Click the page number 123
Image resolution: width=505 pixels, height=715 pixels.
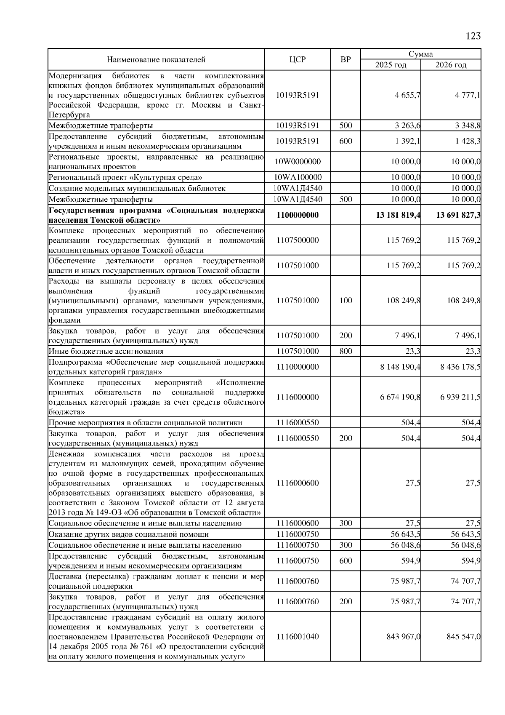click(473, 36)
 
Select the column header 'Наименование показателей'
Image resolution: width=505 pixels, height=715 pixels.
click(156, 60)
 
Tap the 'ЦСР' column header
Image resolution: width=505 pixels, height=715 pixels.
click(298, 60)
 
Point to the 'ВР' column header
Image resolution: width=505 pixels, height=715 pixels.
click(345, 60)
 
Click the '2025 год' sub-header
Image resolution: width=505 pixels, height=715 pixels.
click(391, 65)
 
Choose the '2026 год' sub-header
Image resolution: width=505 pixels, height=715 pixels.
click(451, 65)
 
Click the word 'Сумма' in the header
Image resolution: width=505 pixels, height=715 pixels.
click(420, 54)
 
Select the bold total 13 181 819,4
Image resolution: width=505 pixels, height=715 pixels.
click(398, 215)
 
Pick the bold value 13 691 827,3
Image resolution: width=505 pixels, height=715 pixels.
click(458, 215)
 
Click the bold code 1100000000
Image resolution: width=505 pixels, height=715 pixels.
click(298, 215)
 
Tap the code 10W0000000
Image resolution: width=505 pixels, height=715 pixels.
click(298, 162)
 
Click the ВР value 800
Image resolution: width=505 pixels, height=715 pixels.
click(345, 351)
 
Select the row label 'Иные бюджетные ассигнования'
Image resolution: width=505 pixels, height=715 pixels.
click(106, 351)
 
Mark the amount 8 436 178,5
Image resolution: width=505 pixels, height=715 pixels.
click(460, 367)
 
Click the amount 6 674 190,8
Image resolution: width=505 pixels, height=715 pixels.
click(400, 397)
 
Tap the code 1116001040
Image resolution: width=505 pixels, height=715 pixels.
click(298, 636)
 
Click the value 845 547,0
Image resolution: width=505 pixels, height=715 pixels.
click(463, 636)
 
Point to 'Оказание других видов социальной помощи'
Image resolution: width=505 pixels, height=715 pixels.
click(128, 534)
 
